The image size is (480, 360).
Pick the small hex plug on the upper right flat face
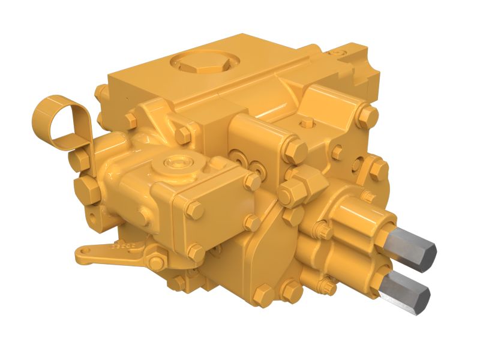pyautogui.click(x=307, y=123)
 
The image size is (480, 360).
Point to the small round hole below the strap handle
pyautogui.click(x=91, y=214)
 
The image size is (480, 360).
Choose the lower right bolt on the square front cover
pyautogui.click(x=252, y=223)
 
